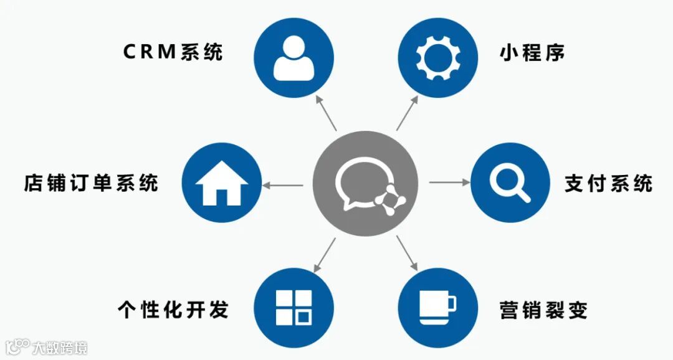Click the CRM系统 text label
[173, 52]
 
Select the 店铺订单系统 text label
[91, 183]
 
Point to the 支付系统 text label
[608, 183]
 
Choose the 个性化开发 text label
[173, 309]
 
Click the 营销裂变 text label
[543, 310]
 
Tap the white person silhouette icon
[294, 58]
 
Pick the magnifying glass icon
[509, 183]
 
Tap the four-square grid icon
[294, 307]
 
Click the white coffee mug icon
[437, 307]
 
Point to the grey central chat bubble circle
[365, 184]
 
